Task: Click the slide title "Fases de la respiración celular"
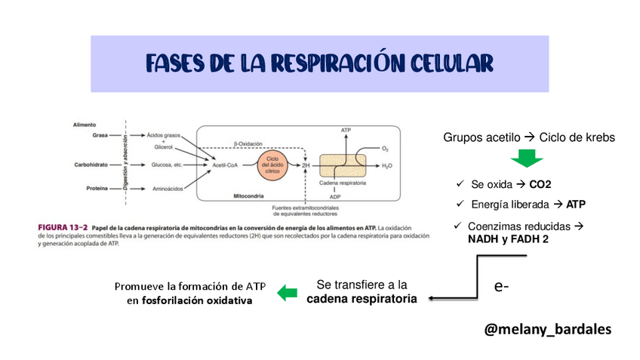[x=319, y=62]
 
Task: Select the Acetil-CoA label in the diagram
[x=226, y=165]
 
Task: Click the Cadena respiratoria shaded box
[x=343, y=165]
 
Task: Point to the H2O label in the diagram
[x=387, y=165]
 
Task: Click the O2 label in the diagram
[x=385, y=149]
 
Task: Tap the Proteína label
[x=95, y=189]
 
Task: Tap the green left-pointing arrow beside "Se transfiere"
[x=287, y=293]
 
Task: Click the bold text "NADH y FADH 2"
[x=508, y=238]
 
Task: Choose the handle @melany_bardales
[x=547, y=330]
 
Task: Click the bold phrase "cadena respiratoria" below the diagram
[x=362, y=299]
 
